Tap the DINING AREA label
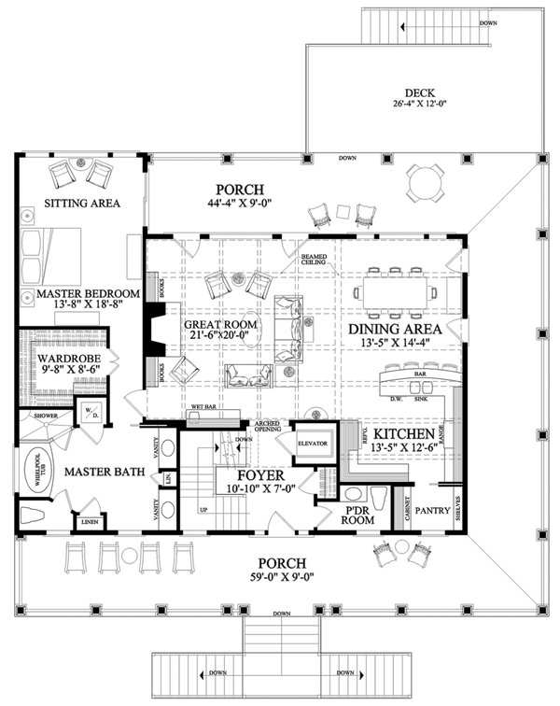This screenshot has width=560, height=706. (395, 329)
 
